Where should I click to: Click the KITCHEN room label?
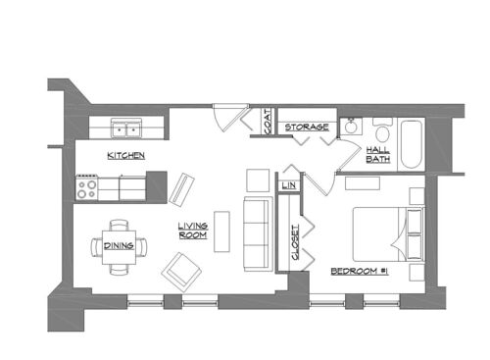pyautogui.click(x=127, y=156)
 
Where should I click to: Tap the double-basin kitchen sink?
pyautogui.click(x=124, y=129)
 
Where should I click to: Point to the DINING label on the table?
pyautogui.click(x=120, y=245)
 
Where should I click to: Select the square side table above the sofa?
pyautogui.click(x=257, y=180)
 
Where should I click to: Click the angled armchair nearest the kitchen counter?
pyautogui.click(x=182, y=188)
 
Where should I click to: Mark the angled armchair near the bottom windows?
pyautogui.click(x=180, y=269)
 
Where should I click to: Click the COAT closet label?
pyautogui.click(x=268, y=123)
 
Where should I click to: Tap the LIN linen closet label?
pyautogui.click(x=289, y=184)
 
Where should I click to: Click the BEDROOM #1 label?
pyautogui.click(x=360, y=270)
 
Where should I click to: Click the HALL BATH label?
pyautogui.click(x=378, y=154)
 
